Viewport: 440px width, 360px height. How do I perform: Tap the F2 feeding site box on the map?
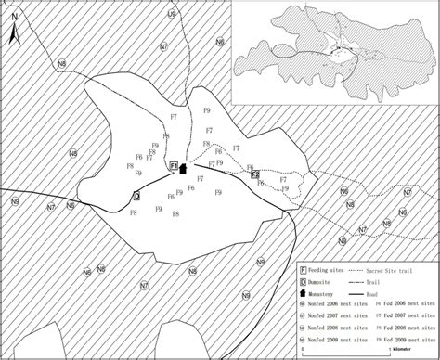[253, 174]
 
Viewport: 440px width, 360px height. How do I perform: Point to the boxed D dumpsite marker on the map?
[136, 196]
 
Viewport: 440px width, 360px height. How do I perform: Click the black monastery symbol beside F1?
[184, 169]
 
